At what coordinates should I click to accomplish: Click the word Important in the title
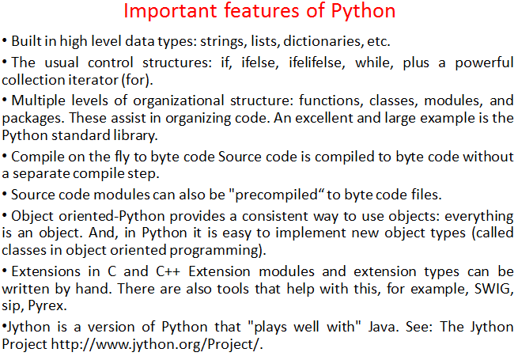click(170, 11)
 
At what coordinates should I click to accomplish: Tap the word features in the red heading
click(262, 11)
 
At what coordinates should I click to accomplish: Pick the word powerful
click(484, 63)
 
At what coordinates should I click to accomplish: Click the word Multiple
click(38, 100)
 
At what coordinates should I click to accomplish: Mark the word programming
click(214, 251)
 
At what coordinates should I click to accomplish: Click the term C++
click(168, 271)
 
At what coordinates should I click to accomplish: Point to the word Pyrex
click(47, 306)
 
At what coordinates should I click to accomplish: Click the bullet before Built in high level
click(5, 41)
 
